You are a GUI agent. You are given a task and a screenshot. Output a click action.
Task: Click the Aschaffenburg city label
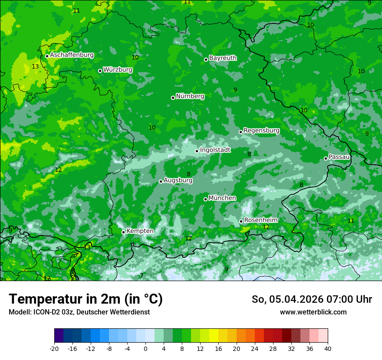coord(72,55)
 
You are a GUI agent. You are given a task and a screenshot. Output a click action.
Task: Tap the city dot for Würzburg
coord(100,71)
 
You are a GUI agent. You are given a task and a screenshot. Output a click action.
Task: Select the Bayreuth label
coord(223,58)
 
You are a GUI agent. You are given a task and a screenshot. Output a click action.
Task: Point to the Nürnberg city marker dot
coord(173,98)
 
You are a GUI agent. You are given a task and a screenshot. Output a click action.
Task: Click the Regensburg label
coord(261,130)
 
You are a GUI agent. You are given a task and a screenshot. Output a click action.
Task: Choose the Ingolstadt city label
coord(215,150)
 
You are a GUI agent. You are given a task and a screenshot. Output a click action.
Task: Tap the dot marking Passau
coord(326,158)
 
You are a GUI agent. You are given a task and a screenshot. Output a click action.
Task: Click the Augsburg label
coord(178,180)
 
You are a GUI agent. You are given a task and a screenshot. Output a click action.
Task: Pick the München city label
coord(222,198)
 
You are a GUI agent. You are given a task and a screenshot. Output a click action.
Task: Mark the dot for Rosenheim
coord(241,221)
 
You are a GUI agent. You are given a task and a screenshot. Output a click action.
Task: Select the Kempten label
coord(140,231)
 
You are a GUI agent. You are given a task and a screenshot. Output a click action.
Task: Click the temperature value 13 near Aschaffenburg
coord(35,66)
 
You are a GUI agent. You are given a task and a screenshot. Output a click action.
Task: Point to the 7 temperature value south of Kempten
coord(142,275)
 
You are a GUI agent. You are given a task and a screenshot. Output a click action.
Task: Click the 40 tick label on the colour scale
coord(327,348)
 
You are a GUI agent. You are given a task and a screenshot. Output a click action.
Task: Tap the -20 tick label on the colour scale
coord(54,348)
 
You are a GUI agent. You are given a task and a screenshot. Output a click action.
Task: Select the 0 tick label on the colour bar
coord(145,348)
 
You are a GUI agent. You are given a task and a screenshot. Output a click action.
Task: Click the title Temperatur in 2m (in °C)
coord(86,299)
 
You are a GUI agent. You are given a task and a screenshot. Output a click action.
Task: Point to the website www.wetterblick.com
coord(313,312)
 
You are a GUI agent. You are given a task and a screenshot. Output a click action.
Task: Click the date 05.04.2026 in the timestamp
coord(290,299)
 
